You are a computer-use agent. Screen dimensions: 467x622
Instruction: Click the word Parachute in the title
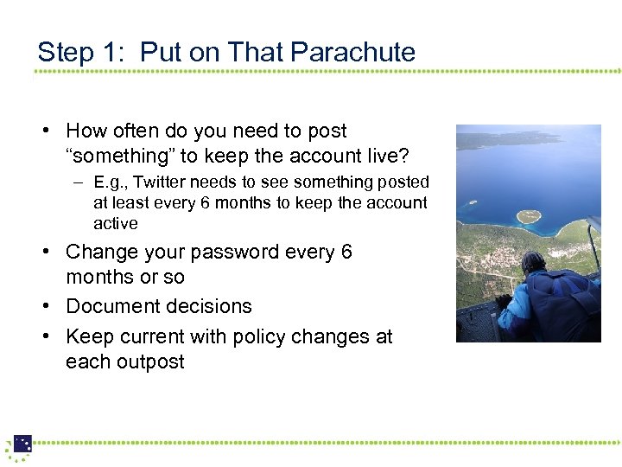point(353,52)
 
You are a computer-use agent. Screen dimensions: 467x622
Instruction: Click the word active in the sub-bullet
point(116,223)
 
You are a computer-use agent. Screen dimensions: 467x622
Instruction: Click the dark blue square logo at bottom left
point(22,444)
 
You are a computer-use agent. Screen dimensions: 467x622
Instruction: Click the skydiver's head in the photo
point(534,263)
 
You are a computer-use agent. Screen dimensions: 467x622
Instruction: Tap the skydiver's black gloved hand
point(503,302)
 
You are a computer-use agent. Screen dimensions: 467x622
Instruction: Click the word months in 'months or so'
point(95,277)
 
